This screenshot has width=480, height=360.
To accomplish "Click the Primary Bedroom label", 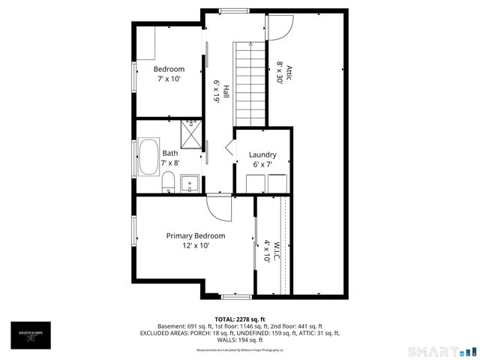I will pos(195,235).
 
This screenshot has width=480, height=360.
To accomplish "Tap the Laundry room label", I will pos(262,154).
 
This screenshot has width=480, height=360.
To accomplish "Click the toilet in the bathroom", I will pos(169,181).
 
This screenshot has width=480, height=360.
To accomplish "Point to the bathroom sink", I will pos(190,181).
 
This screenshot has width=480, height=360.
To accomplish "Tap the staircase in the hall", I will pos(250,83).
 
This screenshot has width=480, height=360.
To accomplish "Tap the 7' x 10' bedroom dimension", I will pos(169,79).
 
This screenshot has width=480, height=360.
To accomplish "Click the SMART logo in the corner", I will pos(441,351).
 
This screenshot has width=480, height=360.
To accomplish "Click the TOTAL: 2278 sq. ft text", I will pos(240,319).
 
